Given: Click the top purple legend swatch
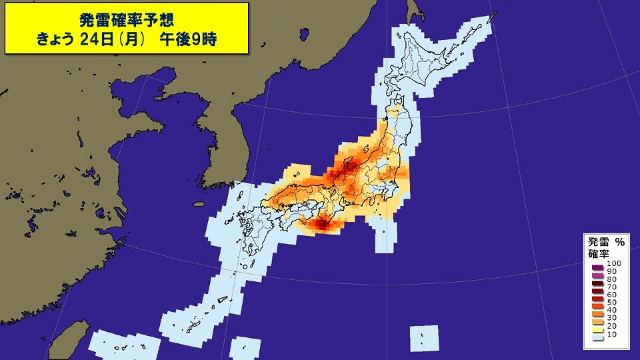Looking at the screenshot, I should point(598,266).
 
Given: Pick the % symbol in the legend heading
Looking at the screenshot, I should point(619,242).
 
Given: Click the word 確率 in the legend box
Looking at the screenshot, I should point(597,254).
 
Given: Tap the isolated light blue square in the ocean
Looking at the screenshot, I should point(424,339).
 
